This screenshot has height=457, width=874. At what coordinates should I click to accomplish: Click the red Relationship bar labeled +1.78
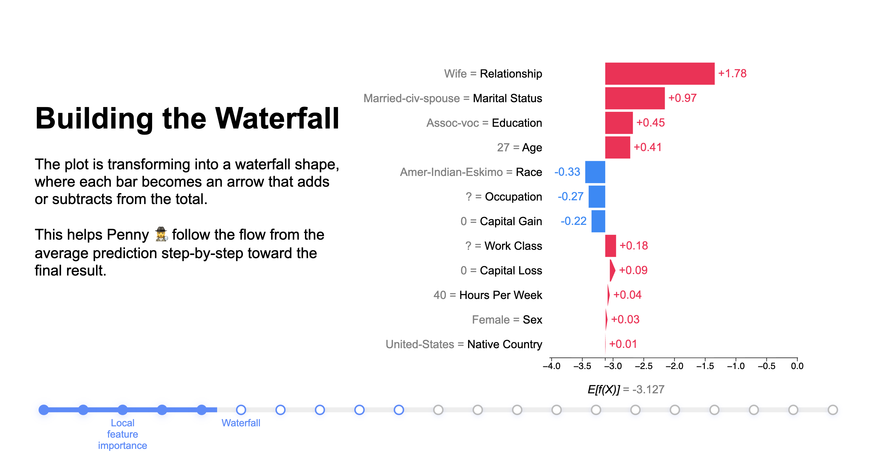[659, 74]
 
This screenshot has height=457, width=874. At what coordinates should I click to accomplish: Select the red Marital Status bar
[635, 98]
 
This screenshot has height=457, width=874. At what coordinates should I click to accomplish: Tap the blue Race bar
[595, 172]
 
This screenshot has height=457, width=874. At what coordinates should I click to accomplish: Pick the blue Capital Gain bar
[598, 221]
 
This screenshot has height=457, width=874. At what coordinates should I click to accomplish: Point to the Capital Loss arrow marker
[612, 270]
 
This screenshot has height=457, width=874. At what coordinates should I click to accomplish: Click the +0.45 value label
[650, 123]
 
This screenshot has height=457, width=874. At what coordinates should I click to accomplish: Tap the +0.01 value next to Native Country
[623, 344]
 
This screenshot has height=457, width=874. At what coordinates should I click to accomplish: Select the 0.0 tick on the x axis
[797, 366]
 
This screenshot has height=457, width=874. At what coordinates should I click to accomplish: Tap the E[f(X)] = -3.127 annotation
[626, 390]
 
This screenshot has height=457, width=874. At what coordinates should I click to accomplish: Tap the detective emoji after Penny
[161, 234]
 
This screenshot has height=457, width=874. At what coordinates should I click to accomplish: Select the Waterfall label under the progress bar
[241, 423]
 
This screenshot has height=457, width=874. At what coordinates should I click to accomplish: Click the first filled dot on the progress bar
[44, 410]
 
